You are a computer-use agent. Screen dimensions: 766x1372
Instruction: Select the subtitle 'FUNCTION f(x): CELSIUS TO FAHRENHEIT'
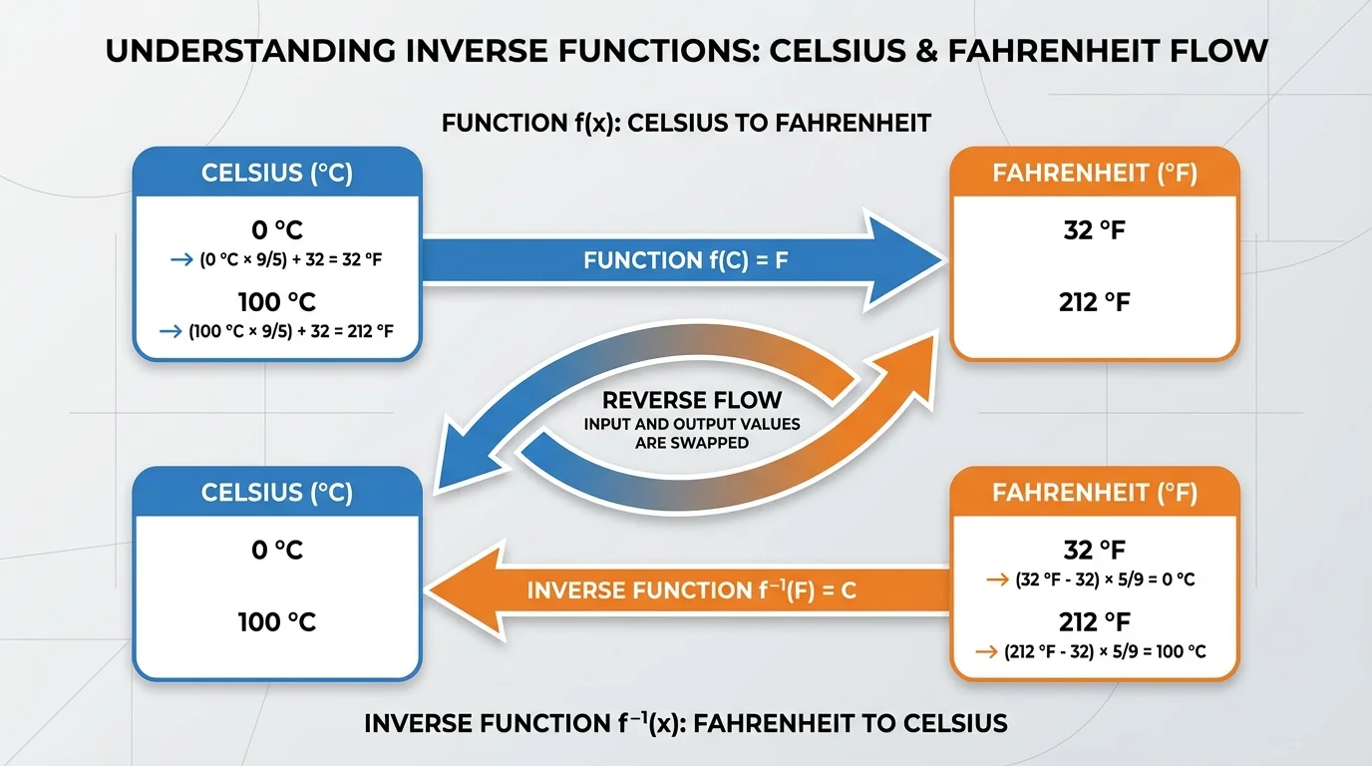click(x=686, y=123)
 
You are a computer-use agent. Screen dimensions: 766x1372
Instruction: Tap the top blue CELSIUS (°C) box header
click(x=277, y=173)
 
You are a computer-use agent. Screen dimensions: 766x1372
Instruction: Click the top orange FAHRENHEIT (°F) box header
click(x=1095, y=174)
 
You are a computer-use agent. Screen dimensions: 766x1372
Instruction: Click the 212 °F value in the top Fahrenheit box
click(x=1095, y=301)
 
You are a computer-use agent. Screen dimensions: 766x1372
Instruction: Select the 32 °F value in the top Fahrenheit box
click(x=1095, y=231)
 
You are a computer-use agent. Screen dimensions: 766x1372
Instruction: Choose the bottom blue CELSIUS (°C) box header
click(x=277, y=493)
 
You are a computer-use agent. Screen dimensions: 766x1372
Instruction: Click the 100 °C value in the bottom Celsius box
click(x=277, y=622)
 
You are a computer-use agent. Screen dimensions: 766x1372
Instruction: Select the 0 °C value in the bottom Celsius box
click(x=277, y=550)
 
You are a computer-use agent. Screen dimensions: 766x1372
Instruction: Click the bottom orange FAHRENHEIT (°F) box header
click(x=1095, y=493)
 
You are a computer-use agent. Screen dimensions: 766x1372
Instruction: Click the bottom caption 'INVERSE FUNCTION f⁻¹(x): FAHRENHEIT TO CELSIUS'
click(x=686, y=723)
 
